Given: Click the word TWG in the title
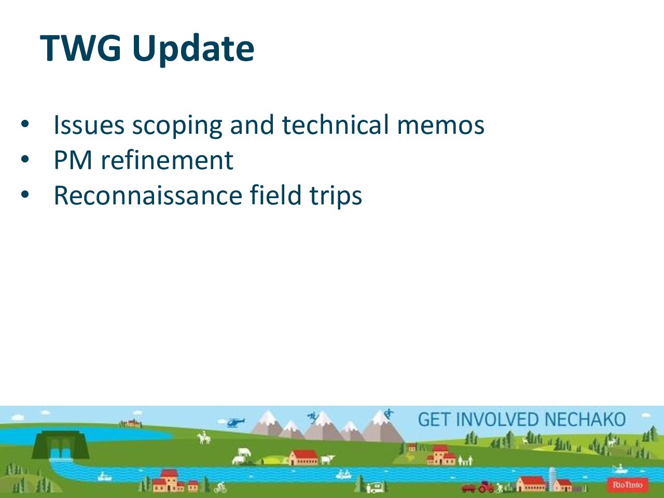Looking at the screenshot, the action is click(x=80, y=48).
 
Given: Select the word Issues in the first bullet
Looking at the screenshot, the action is click(x=89, y=125).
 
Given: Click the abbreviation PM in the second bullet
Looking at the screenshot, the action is click(x=73, y=160).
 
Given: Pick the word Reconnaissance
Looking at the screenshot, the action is click(x=148, y=196).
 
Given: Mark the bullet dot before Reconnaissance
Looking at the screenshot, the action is click(x=25, y=195).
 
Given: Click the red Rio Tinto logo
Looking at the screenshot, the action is click(x=627, y=485).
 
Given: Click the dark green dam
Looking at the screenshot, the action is click(x=60, y=445).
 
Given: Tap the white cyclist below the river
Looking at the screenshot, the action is click(x=220, y=487).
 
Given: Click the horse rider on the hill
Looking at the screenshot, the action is click(x=204, y=437).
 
